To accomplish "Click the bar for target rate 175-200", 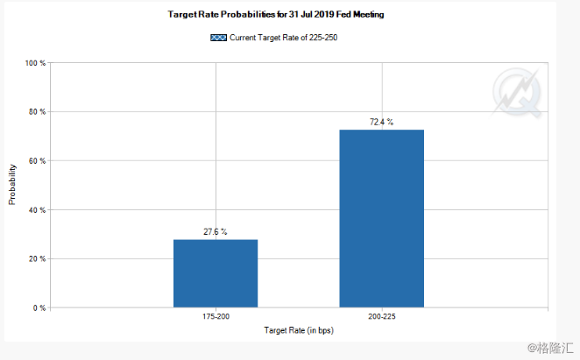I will tap(216, 273).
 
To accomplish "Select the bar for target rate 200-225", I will tap(381, 219).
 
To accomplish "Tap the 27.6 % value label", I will tap(216, 231).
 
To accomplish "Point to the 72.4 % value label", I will tap(381, 122).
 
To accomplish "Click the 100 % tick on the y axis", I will tap(37, 64).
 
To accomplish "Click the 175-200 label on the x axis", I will tap(216, 315).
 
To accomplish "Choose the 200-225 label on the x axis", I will tap(381, 315).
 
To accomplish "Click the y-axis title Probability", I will tap(12, 184).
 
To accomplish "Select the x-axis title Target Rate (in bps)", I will tap(299, 330).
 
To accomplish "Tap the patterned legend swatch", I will tap(219, 38).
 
